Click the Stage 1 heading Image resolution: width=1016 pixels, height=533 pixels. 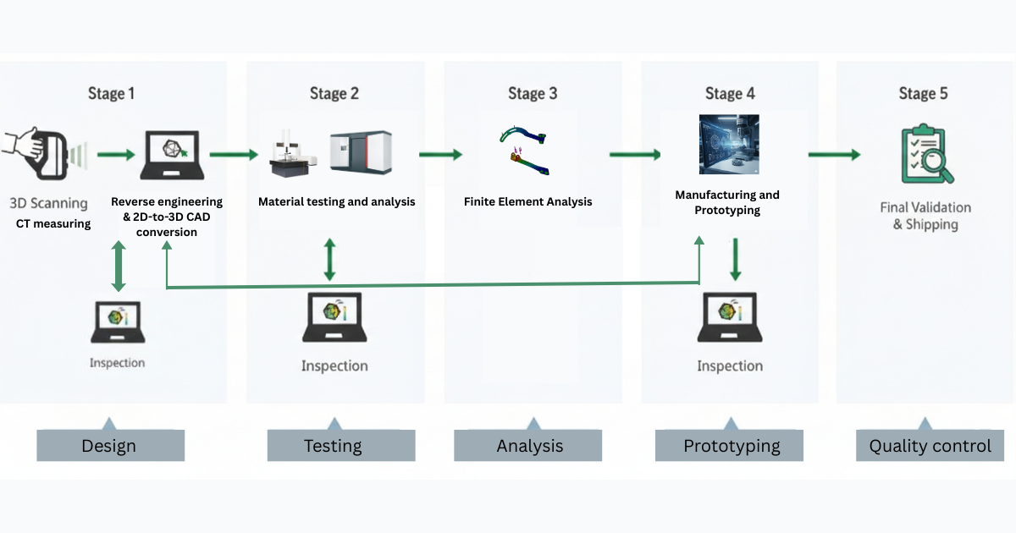(111, 93)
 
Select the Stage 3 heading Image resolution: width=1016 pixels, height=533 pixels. (533, 93)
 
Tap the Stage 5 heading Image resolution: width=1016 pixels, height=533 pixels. (923, 93)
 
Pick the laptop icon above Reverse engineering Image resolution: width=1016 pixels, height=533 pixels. (172, 155)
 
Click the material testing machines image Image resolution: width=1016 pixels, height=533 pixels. (331, 153)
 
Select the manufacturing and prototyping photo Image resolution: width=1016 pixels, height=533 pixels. (728, 145)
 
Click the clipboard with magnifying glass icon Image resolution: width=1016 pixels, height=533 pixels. (926, 154)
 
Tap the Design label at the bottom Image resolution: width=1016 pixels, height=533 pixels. (110, 446)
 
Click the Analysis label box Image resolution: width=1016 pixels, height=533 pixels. (528, 446)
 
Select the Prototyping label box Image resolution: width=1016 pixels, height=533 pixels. (729, 446)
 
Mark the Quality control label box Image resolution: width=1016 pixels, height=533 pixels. (930, 446)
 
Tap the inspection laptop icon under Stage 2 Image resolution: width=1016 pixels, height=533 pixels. (334, 317)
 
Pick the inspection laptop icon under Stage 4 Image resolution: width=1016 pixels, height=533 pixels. (729, 317)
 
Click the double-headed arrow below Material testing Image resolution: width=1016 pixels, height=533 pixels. (329, 259)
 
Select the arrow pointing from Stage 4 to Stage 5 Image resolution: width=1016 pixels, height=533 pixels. (834, 155)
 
